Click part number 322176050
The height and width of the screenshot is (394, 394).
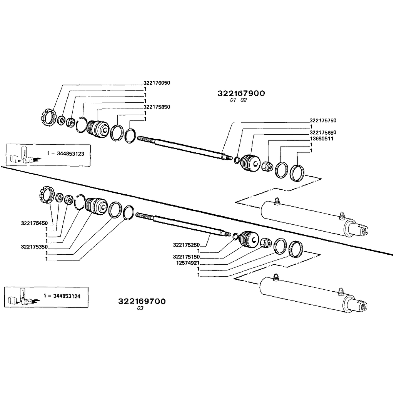click(x=157, y=83)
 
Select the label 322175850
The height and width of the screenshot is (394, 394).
click(x=157, y=107)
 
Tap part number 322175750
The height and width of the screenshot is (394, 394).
click(x=323, y=120)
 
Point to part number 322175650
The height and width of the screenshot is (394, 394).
click(x=323, y=132)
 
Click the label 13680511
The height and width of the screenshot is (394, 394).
click(x=321, y=139)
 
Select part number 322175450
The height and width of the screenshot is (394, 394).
click(x=34, y=223)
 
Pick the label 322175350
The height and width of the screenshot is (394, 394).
click(x=34, y=247)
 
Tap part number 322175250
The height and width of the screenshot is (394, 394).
click(x=186, y=245)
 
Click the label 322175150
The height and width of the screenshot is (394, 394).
click(x=186, y=257)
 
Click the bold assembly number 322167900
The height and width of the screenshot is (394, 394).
click(x=241, y=93)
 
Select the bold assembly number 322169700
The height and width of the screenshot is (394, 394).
click(x=142, y=301)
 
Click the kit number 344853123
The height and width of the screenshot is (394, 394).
click(x=71, y=153)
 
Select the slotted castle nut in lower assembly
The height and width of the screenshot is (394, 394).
click(x=46, y=194)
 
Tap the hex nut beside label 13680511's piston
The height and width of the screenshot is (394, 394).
click(x=267, y=167)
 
